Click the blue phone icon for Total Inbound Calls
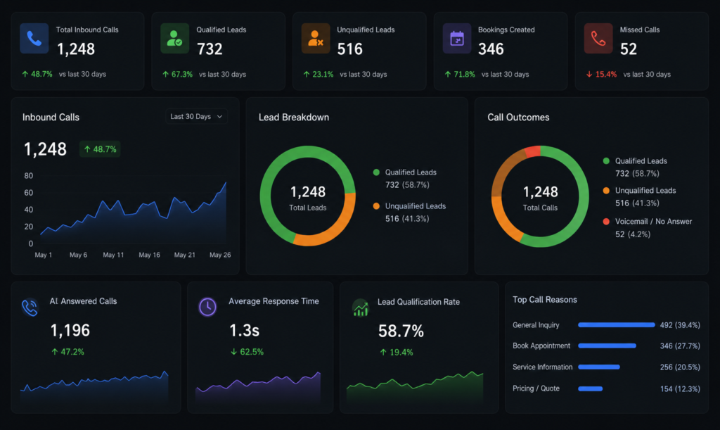(x=34, y=38)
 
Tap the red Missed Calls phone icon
(x=598, y=38)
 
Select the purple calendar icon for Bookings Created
(x=457, y=38)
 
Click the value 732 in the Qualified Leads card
(x=210, y=49)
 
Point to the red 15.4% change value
(x=605, y=75)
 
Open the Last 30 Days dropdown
(x=197, y=117)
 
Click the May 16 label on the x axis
(x=149, y=255)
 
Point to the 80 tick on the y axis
(x=28, y=175)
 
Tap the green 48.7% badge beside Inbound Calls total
(x=100, y=149)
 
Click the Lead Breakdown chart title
(x=294, y=117)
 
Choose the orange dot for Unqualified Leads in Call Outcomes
(x=606, y=191)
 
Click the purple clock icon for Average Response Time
(x=207, y=307)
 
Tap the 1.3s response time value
(x=244, y=330)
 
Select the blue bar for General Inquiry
(x=616, y=325)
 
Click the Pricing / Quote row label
(x=536, y=388)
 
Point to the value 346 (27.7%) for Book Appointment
(x=680, y=346)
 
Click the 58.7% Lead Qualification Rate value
(x=401, y=331)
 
